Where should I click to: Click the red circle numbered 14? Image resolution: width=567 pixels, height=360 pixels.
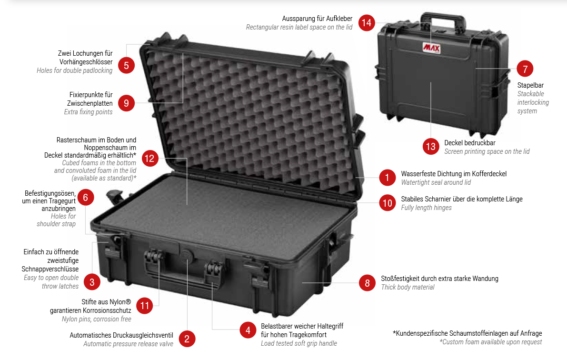pos(366,23)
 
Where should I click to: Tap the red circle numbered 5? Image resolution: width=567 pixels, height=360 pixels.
pos(126,66)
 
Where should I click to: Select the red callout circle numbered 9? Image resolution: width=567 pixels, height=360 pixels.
pos(126,103)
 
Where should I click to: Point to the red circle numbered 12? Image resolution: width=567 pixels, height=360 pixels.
pos(149,158)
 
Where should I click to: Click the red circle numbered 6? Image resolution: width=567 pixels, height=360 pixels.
pos(85,197)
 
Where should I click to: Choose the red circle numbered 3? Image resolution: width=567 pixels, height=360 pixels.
pos(92,282)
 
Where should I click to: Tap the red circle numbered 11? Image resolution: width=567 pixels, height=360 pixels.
pos(145,306)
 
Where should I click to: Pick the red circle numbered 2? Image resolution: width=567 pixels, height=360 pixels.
pos(187,339)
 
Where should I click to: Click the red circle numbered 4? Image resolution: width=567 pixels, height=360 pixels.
pos(248,330)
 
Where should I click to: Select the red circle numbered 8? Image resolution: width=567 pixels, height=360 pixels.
pos(368,282)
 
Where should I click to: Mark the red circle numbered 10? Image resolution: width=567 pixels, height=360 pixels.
pos(388,203)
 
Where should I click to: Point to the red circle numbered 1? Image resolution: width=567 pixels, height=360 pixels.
pos(387,177)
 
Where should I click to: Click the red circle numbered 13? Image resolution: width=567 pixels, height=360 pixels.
pos(431,147)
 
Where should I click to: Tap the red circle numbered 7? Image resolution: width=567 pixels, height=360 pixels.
pos(525,69)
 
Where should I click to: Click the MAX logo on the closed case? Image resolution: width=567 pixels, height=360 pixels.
pos(431,48)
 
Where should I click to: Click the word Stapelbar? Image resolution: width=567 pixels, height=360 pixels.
pos(530,85)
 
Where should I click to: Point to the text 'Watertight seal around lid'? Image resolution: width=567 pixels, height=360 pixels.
pos(436,182)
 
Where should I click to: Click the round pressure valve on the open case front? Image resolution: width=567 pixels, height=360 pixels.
pos(187,254)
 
